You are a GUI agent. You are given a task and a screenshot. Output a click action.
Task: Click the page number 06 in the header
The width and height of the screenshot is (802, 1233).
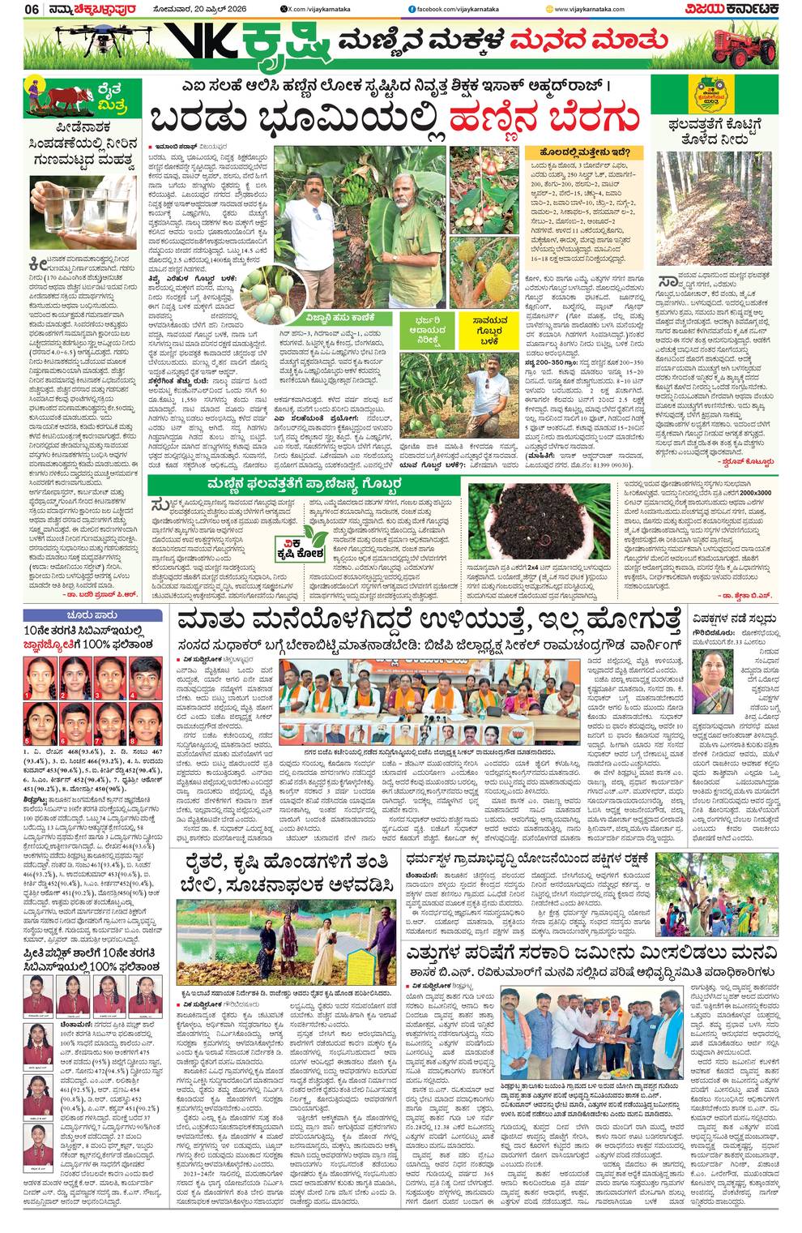(x=32, y=9)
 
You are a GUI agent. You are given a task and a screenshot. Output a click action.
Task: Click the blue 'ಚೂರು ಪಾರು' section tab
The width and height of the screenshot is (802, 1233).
(x=84, y=614)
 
